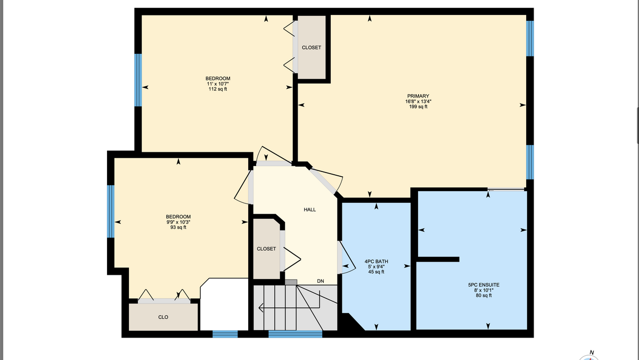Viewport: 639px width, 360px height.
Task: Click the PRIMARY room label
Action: tap(418, 96)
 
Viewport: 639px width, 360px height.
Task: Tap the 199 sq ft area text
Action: tap(418, 107)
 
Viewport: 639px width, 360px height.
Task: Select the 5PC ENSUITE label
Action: tap(484, 285)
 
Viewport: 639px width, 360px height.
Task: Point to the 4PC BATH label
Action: tap(376, 261)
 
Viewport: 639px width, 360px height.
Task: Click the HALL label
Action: tap(310, 210)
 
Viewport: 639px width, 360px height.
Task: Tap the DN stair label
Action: tap(321, 281)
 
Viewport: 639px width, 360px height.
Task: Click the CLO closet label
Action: tap(163, 317)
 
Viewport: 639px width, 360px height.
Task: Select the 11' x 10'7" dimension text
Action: tap(218, 84)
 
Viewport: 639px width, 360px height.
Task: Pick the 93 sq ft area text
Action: tap(178, 227)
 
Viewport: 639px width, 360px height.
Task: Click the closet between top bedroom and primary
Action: tap(312, 47)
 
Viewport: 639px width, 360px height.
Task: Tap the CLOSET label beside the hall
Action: tap(266, 249)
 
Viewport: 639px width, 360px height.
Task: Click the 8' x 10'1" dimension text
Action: tap(484, 290)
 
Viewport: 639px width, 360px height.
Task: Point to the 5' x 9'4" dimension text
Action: tap(376, 267)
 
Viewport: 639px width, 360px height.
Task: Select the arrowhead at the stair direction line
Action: tap(261, 308)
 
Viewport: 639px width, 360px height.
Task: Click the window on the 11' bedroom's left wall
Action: tap(138, 80)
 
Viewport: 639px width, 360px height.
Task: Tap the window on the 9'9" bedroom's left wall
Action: tap(111, 211)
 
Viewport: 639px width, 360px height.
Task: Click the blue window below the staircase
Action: tap(295, 334)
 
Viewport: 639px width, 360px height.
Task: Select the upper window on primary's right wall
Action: tap(530, 38)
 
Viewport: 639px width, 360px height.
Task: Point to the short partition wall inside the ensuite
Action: tap(438, 259)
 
